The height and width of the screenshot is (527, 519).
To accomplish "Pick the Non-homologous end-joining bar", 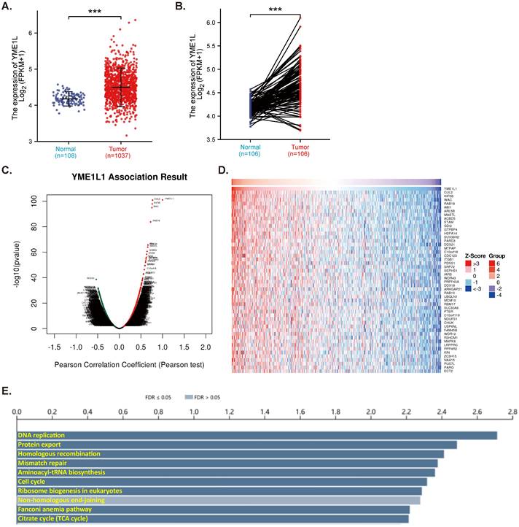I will pos(219,501).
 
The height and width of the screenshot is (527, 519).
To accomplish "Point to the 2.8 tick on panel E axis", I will pos(512,412).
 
